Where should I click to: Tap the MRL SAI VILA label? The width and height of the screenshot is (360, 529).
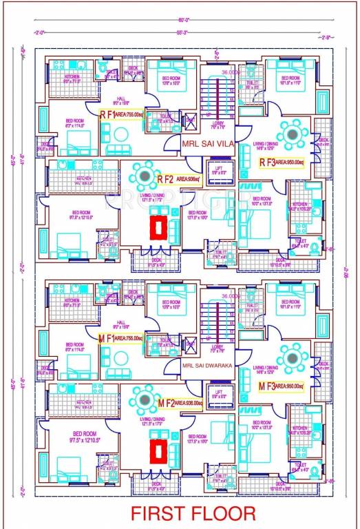(x=208, y=145)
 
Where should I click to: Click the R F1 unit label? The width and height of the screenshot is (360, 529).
(x=107, y=115)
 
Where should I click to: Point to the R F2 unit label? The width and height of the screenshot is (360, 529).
(x=165, y=180)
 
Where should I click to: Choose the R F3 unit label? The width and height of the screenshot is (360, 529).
(x=266, y=163)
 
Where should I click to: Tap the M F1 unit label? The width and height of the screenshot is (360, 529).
(x=106, y=338)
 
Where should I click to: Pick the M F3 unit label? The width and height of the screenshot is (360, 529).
(x=266, y=386)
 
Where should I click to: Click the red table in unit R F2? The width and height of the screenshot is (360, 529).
(x=159, y=227)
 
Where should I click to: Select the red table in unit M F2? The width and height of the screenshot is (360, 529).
(x=159, y=450)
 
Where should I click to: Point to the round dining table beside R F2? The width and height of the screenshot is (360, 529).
(x=145, y=176)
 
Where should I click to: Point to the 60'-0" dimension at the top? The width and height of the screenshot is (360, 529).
(x=183, y=21)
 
